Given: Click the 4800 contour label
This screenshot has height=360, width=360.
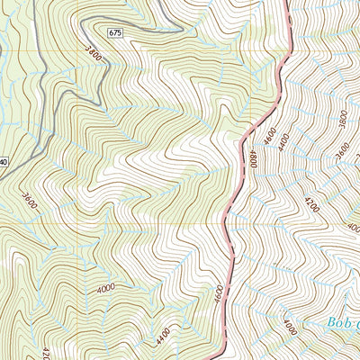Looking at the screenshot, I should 254,160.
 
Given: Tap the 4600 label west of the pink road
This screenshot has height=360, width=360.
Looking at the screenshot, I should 217,295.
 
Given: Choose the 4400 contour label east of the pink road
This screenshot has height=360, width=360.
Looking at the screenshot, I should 285,141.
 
